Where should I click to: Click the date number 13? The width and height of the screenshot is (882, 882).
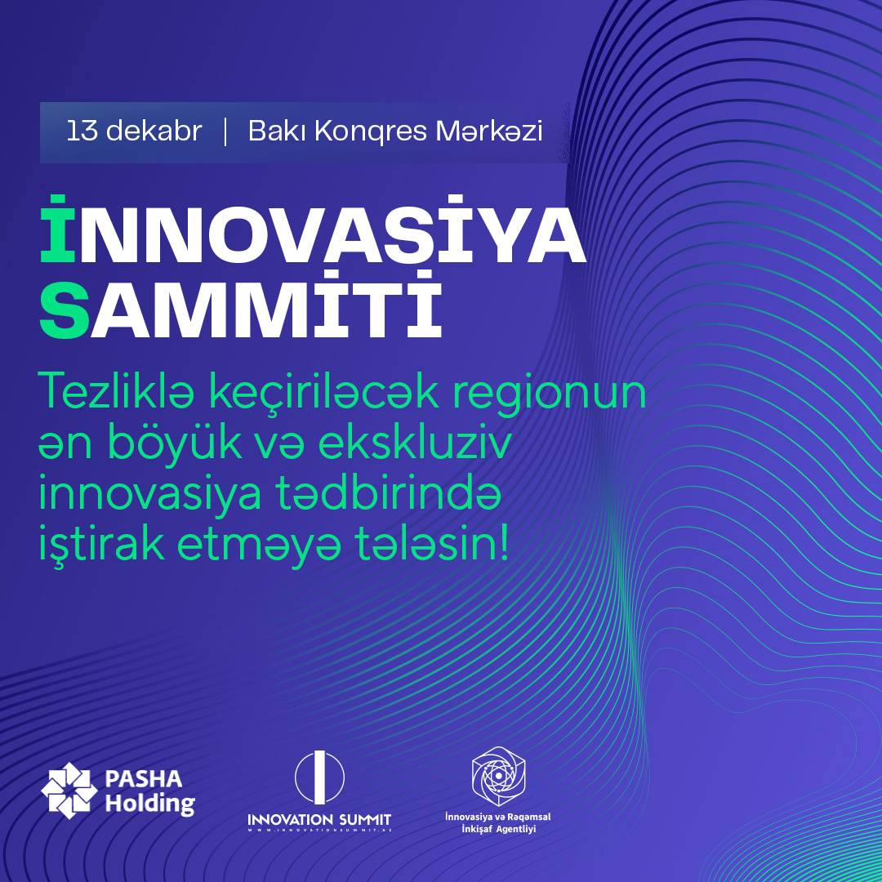82,131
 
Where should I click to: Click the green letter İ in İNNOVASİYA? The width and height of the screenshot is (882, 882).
57,229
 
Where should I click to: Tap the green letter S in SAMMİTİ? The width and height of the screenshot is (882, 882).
65,310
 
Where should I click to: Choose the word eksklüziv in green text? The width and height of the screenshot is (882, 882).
415,443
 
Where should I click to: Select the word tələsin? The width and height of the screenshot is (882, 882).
430,543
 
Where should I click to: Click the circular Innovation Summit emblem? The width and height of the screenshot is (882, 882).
319,777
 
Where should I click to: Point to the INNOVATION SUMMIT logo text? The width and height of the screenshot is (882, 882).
319,820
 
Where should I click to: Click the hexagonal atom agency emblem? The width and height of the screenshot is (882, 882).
498,777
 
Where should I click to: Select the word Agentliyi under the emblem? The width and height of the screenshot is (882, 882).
516,829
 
